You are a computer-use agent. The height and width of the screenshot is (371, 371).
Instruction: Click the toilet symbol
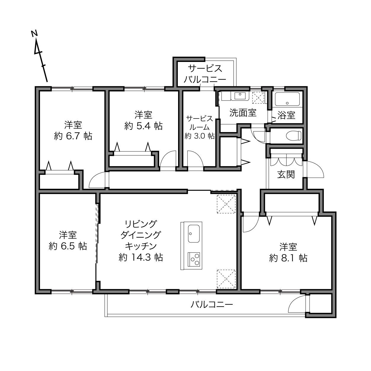293,135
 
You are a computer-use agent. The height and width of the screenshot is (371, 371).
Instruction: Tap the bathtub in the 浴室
287,99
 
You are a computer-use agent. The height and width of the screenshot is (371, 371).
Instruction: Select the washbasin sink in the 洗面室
240,96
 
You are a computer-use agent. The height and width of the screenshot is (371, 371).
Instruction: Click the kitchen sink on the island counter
194,234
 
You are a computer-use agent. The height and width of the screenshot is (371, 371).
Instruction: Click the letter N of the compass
34,33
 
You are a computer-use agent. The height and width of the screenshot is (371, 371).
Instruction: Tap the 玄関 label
286,175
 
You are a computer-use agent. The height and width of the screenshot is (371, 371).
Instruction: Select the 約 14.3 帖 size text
141,258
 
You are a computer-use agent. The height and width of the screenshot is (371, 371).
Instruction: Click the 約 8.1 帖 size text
288,258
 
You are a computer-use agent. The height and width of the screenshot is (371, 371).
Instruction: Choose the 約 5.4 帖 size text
143,126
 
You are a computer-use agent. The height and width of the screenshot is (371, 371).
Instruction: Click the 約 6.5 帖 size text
68,246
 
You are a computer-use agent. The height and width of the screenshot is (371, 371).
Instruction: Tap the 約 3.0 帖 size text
200,136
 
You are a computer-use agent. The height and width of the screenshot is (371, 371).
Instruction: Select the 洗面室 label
243,113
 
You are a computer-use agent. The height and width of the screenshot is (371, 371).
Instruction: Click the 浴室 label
286,115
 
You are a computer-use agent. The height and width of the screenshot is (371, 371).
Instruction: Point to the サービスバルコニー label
205,74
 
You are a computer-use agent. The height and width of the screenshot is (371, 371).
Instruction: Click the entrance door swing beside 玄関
314,169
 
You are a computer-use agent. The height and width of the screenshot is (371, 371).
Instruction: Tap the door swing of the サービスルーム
195,159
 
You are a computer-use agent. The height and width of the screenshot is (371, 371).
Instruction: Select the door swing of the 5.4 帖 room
168,159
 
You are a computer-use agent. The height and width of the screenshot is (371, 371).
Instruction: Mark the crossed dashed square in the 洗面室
258,98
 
